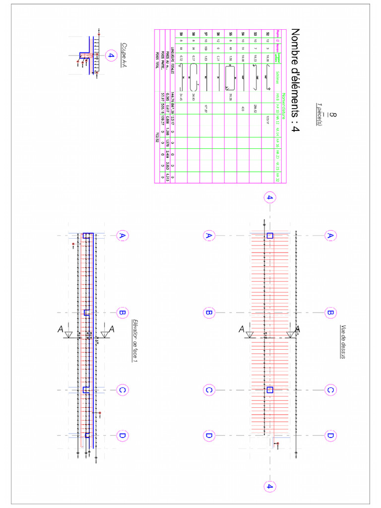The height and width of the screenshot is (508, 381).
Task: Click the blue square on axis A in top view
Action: [x=270, y=236]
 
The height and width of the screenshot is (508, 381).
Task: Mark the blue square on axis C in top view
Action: [x=270, y=390]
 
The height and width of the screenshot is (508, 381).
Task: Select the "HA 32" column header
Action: [x=278, y=176]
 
